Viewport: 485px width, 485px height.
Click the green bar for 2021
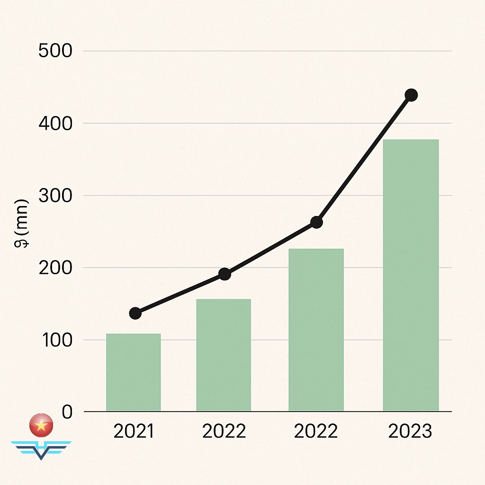coord(133,372)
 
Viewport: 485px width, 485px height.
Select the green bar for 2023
coord(411,275)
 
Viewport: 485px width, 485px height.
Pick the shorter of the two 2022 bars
coord(224,355)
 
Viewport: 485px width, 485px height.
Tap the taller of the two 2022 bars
coord(316,330)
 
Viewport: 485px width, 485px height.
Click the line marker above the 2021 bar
coord(135,313)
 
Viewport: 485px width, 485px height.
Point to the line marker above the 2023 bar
coord(411,95)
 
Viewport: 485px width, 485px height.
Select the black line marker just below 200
coord(225,274)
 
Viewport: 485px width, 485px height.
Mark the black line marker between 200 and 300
coord(316,222)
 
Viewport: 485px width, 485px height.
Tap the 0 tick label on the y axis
coord(67,412)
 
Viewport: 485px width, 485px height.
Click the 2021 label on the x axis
coord(134,432)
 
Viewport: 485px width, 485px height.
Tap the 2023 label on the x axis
coord(410,432)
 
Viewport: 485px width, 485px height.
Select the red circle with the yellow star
coord(41,426)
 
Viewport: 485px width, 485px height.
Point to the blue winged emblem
coord(41,449)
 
